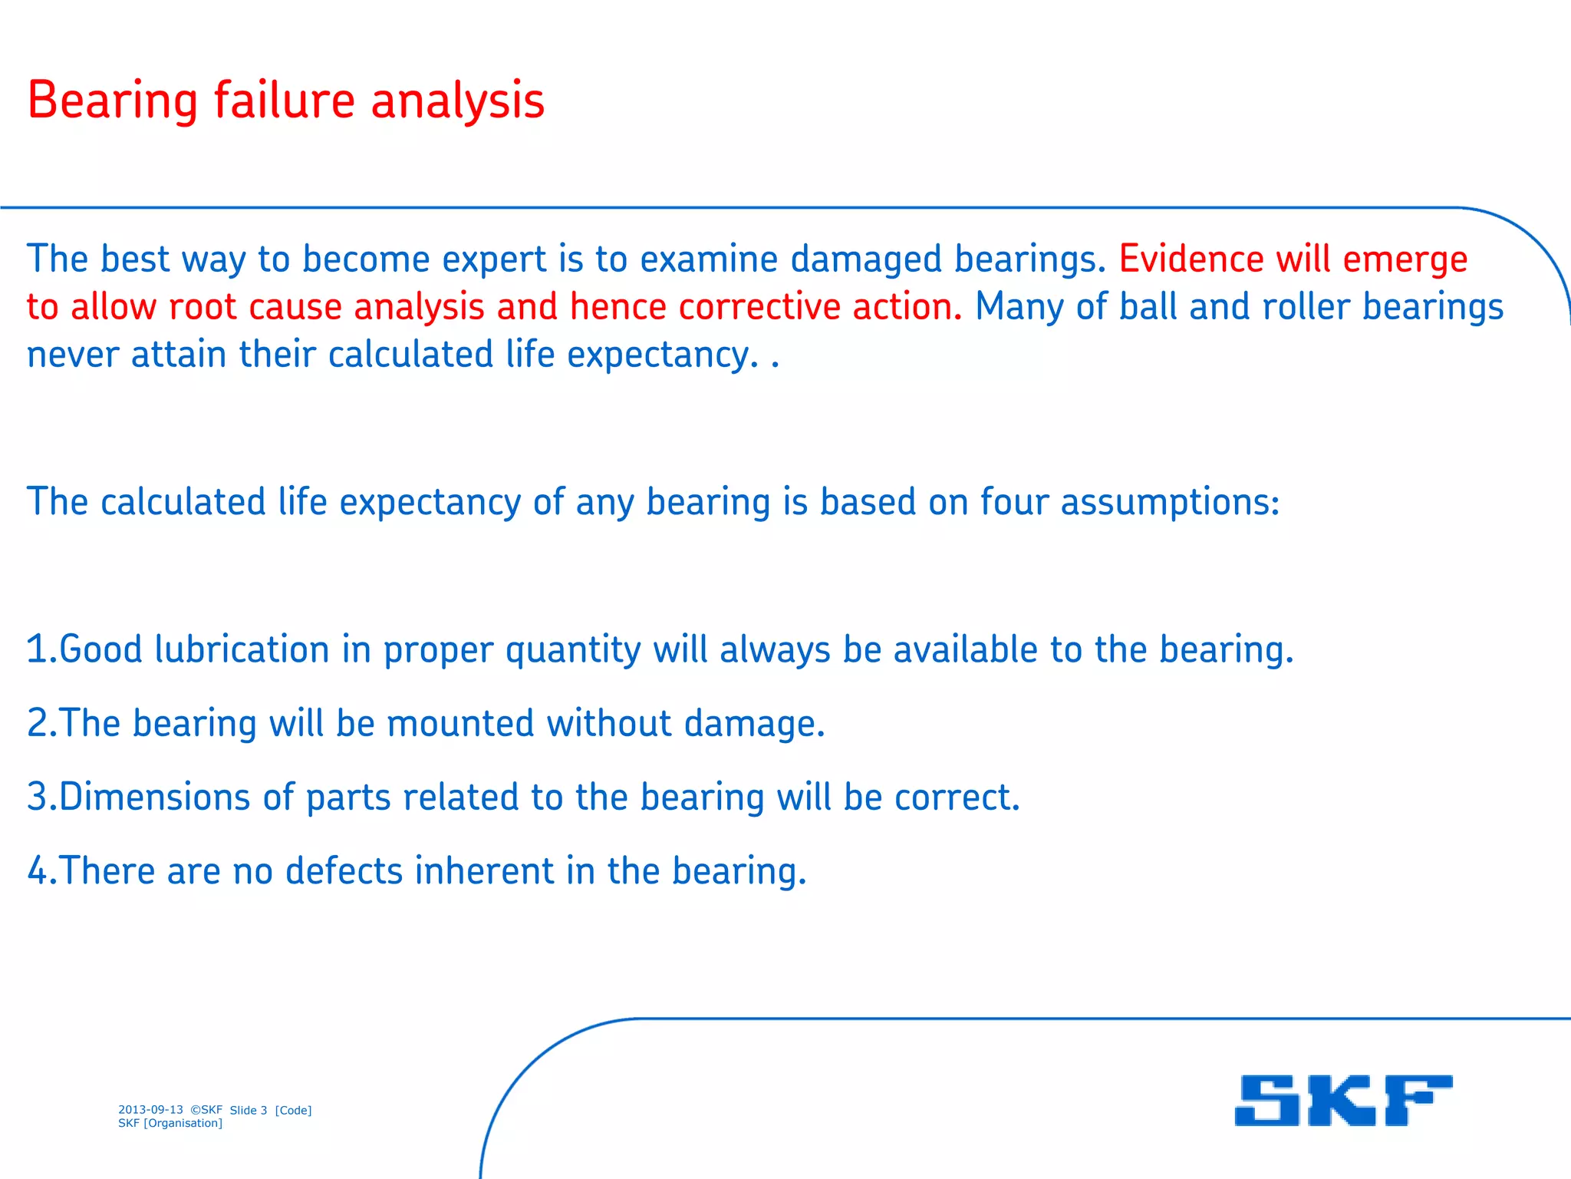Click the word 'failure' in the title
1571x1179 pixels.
coord(284,101)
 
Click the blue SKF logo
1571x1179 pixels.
coord(1343,1100)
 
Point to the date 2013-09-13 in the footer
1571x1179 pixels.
coord(150,1109)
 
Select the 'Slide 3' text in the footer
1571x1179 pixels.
coord(249,1110)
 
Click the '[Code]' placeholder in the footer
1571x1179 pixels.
coord(293,1110)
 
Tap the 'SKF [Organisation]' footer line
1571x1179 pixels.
coord(170,1123)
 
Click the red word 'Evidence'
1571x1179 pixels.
coord(1191,259)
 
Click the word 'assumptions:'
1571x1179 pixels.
coord(1171,504)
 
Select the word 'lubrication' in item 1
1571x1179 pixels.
coord(242,649)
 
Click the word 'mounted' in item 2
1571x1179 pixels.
coord(460,723)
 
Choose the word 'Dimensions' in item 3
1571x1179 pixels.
coord(155,797)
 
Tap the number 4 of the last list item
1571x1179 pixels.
coord(37,870)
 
